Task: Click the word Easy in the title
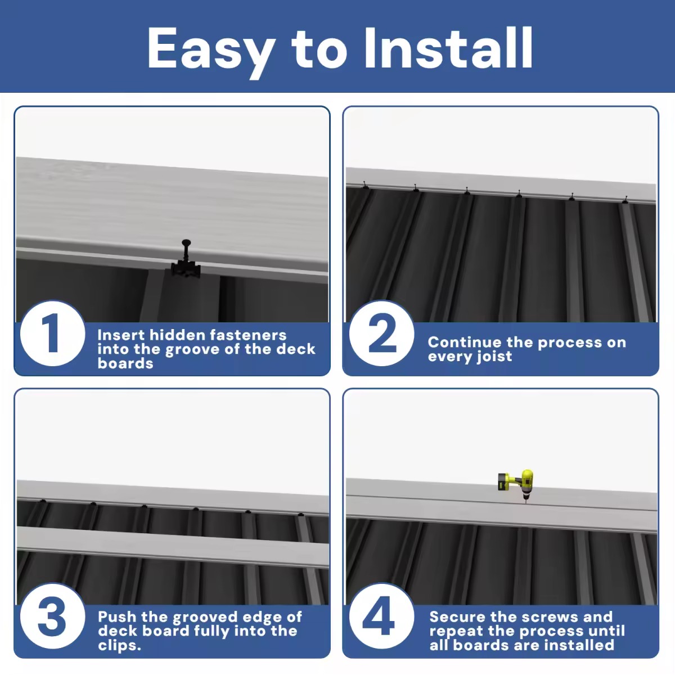click(211, 49)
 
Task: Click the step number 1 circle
click(52, 334)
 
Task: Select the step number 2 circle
click(381, 334)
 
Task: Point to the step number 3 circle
click(52, 617)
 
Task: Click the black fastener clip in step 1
click(186, 262)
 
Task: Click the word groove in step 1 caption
click(192, 349)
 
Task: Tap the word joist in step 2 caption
click(492, 357)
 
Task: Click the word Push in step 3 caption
click(117, 617)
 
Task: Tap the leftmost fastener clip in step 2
click(366, 186)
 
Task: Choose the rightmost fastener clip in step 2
click(625, 199)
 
